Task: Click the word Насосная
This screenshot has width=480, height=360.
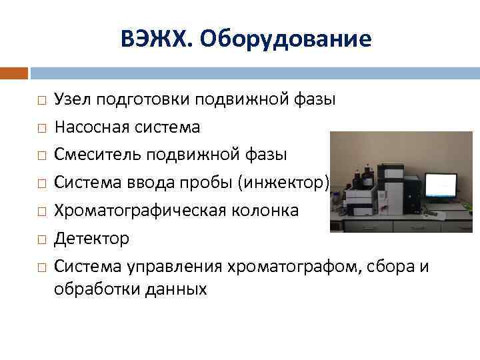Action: click(89, 127)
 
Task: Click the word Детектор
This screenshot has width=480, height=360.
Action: click(92, 238)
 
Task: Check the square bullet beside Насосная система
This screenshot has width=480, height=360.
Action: click(41, 127)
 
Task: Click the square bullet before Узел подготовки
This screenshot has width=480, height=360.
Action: click(41, 100)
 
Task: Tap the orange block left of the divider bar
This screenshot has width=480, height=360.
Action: click(13, 72)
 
